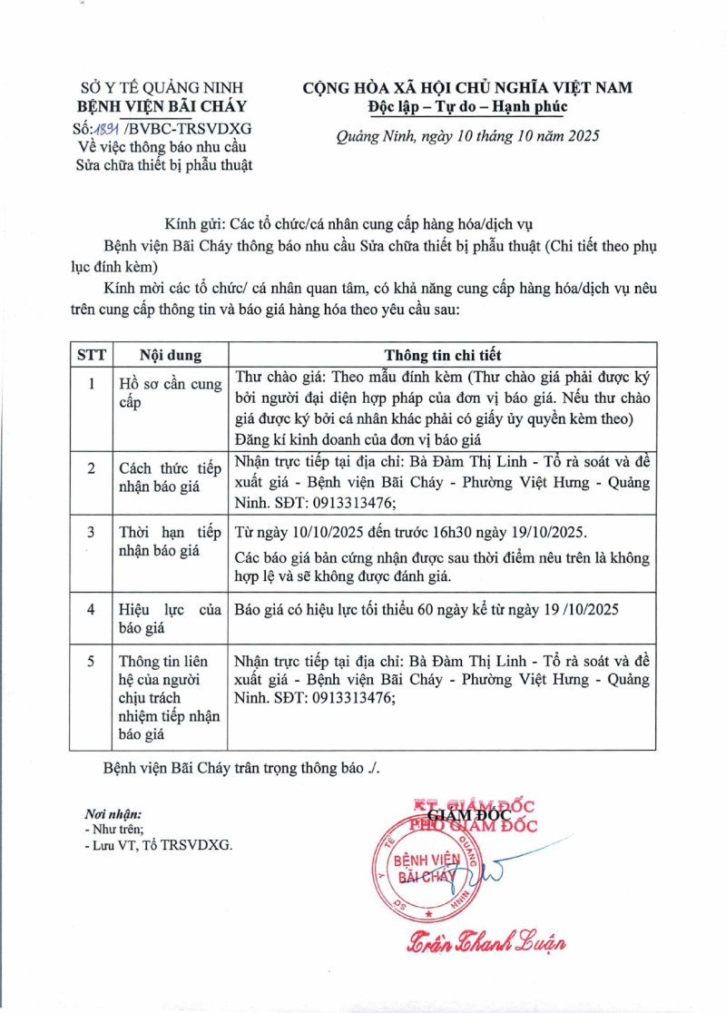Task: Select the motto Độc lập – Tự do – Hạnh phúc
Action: point(467,106)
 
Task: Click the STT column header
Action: point(91,355)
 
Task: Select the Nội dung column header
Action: point(170,355)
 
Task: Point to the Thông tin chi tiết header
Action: point(442,355)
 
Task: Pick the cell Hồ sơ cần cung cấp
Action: point(170,393)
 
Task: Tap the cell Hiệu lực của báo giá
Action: point(170,617)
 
